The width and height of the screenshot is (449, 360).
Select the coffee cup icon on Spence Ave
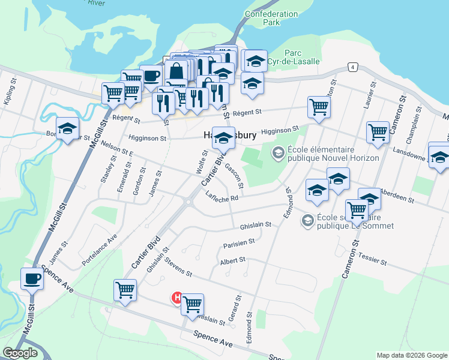pyautogui.click(x=31, y=278)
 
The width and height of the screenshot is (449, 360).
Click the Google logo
pyautogui.click(x=20, y=353)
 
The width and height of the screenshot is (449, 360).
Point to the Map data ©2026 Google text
pyautogui.click(x=411, y=355)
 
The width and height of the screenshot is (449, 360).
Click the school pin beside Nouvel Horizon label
pyautogui.click(x=278, y=154)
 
